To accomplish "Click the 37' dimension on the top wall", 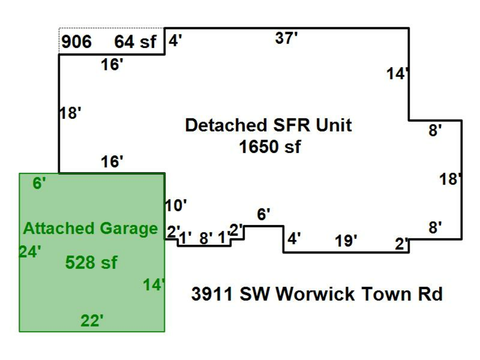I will tap(286, 38).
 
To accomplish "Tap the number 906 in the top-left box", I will tap(76, 42).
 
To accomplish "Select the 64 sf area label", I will tap(135, 42).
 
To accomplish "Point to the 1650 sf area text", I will tap(269, 147).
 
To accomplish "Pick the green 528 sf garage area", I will tap(91, 262).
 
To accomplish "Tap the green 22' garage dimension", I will tap(92, 321).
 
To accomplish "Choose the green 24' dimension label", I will tap(30, 251).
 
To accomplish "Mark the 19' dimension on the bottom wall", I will tap(346, 242).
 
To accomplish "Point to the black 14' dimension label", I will tap(397, 74).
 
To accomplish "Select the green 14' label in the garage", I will tap(154, 285).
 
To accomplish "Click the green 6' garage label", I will tap(39, 184).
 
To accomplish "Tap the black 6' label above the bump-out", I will tap(263, 215).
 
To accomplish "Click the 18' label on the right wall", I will tap(450, 179).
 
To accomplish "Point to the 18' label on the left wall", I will tap(70, 113).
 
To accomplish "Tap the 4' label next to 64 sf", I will tap(175, 41).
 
